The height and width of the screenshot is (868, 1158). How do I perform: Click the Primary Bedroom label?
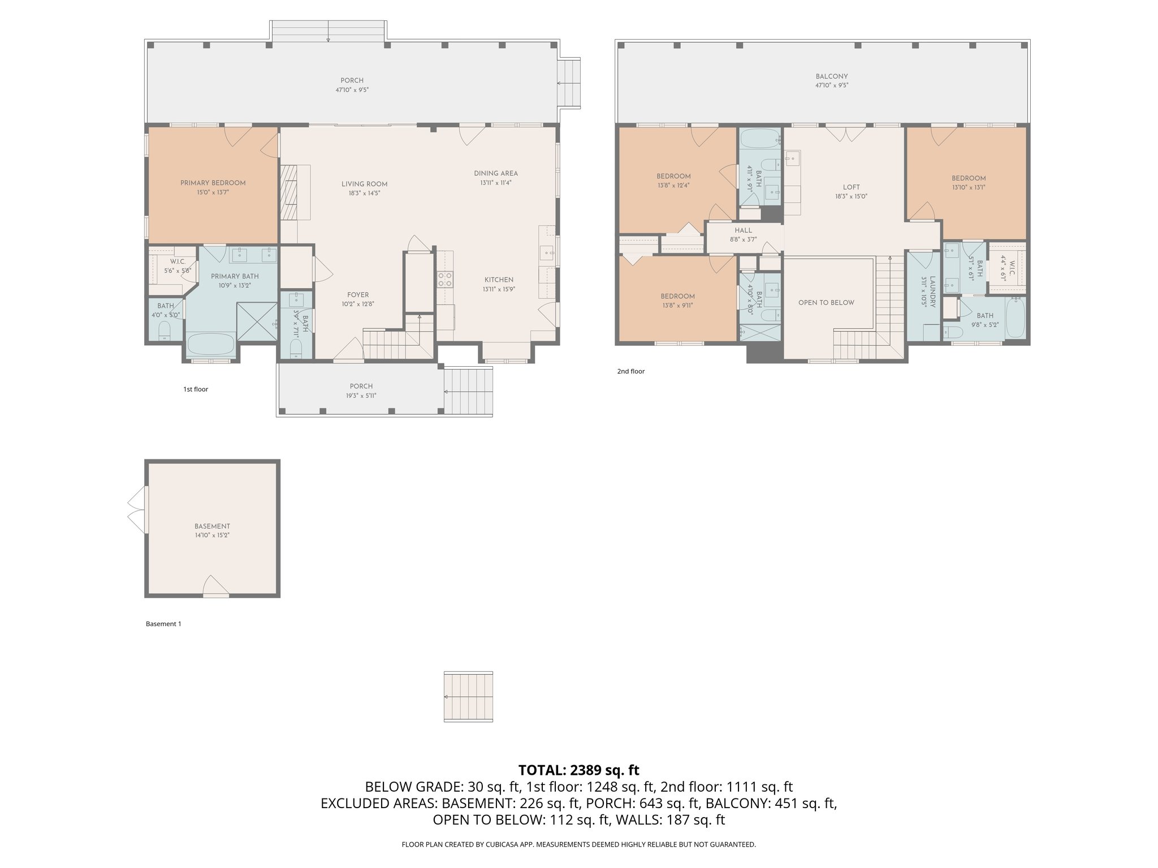213,183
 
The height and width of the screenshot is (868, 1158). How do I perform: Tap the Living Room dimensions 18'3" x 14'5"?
364,193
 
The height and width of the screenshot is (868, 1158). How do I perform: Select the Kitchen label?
499,280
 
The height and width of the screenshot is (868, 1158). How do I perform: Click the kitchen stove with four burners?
444,280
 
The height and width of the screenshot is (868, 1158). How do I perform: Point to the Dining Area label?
495,173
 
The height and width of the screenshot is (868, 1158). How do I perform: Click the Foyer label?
357,295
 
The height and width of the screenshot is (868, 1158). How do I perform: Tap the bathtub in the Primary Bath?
210,344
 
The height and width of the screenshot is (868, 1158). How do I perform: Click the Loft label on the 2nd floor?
851,188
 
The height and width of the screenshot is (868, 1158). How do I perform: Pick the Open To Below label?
826,303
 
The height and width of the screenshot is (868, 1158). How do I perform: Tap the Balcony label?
831,76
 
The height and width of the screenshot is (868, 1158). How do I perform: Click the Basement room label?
212,526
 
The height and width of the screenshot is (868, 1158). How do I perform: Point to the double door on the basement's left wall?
137,509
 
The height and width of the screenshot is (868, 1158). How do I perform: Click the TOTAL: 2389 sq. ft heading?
578,770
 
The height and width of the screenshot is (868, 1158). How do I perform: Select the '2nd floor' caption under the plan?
630,371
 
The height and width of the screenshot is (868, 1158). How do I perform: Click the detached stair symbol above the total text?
468,696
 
